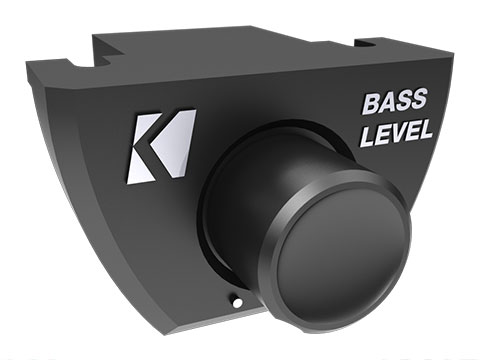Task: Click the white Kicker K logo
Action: (x=160, y=147)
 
